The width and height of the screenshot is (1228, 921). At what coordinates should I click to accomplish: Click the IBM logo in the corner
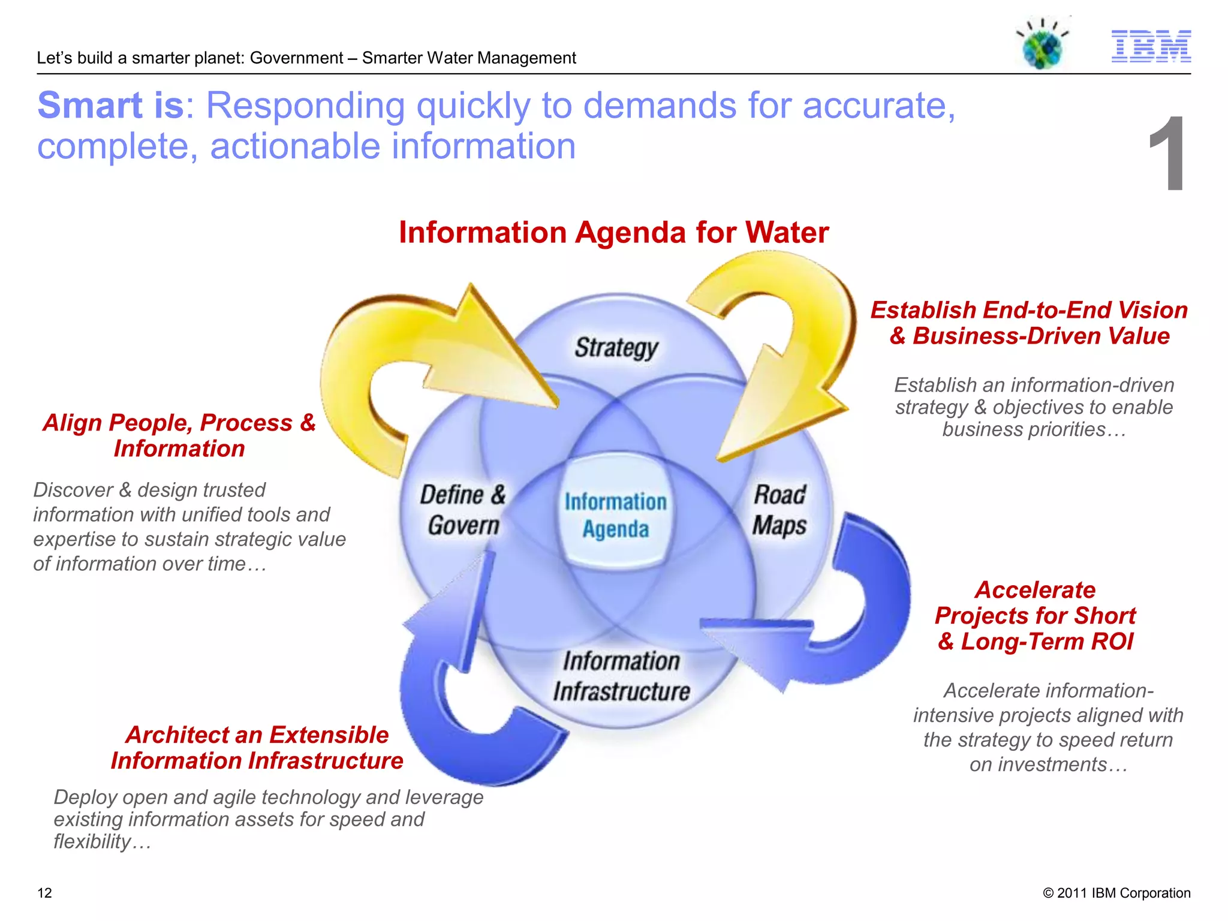(1151, 46)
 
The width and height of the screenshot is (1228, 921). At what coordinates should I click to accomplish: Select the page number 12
(44, 893)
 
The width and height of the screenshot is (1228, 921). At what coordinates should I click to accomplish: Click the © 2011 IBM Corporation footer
(1116, 893)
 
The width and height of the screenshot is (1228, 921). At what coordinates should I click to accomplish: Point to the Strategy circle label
(616, 348)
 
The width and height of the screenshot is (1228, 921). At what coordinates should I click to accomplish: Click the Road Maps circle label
(779, 510)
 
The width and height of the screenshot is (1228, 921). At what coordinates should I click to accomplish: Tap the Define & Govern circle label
(463, 510)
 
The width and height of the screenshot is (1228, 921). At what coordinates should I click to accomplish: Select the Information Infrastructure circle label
(621, 676)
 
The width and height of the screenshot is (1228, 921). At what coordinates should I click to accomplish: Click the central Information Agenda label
(615, 515)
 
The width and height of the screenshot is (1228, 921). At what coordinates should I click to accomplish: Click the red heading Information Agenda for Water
(613, 233)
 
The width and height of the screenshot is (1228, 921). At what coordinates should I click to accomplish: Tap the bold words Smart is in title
(110, 106)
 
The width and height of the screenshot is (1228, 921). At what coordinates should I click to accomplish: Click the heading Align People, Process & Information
(179, 435)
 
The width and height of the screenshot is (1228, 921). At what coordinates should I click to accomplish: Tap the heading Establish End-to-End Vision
(1029, 311)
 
